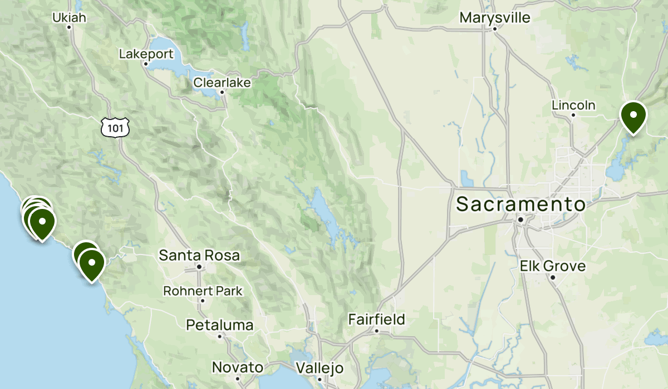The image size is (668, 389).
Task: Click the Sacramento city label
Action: click(x=520, y=204)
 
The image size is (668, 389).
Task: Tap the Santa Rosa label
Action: click(x=199, y=256)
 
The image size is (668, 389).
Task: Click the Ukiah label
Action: click(x=70, y=18)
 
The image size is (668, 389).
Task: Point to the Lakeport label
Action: click(x=146, y=54)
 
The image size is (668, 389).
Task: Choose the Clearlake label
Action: click(x=222, y=83)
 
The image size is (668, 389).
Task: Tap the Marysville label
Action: click(x=495, y=18)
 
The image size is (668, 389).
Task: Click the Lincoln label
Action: click(x=573, y=105)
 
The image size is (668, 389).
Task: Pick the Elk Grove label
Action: click(x=553, y=266)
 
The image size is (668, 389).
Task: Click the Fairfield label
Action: click(x=377, y=320)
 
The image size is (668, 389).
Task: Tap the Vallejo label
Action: click(x=320, y=368)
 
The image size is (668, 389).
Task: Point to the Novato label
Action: click(x=238, y=367)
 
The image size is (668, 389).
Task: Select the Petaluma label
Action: click(x=220, y=325)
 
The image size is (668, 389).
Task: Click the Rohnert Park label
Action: click(x=203, y=291)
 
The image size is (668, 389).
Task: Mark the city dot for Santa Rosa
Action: click(x=199, y=267)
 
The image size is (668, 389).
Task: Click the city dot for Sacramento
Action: click(x=520, y=220)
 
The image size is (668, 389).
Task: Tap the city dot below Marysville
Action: click(x=495, y=28)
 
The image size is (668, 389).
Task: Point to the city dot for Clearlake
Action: click(x=222, y=92)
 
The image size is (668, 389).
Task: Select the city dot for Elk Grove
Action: click(x=553, y=277)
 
